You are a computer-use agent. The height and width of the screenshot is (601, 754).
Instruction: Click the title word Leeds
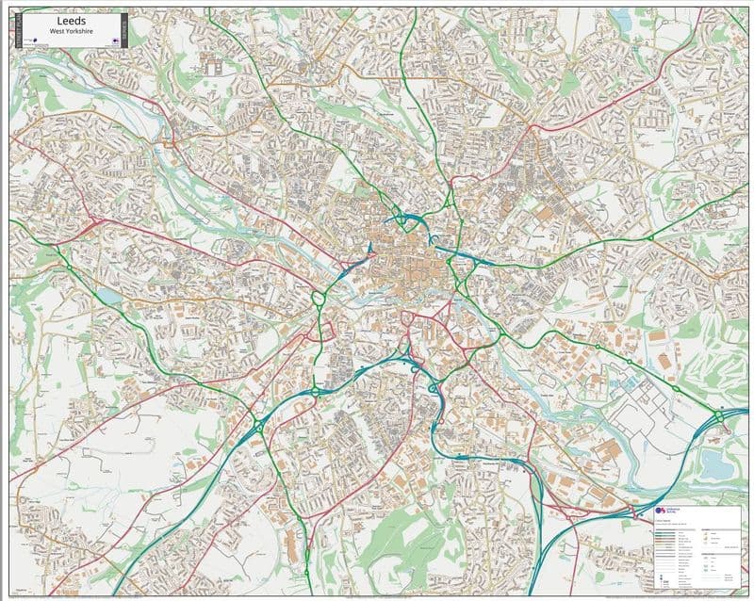coord(71,22)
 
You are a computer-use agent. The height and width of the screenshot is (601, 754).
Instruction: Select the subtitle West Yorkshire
coord(71,30)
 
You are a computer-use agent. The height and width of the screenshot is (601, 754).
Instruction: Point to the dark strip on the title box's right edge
coord(124,30)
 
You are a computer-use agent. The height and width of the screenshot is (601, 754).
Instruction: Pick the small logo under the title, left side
coord(32,41)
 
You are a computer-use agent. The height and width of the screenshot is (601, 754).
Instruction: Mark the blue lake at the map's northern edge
coord(623,19)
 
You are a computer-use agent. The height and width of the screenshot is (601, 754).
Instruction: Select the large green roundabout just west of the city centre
coord(319,299)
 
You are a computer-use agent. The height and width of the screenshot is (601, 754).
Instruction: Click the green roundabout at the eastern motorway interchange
coord(718,415)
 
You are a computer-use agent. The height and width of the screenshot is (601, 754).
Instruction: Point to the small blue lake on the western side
coord(111,295)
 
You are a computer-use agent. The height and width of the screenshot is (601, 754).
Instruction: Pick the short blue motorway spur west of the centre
coord(356,263)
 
